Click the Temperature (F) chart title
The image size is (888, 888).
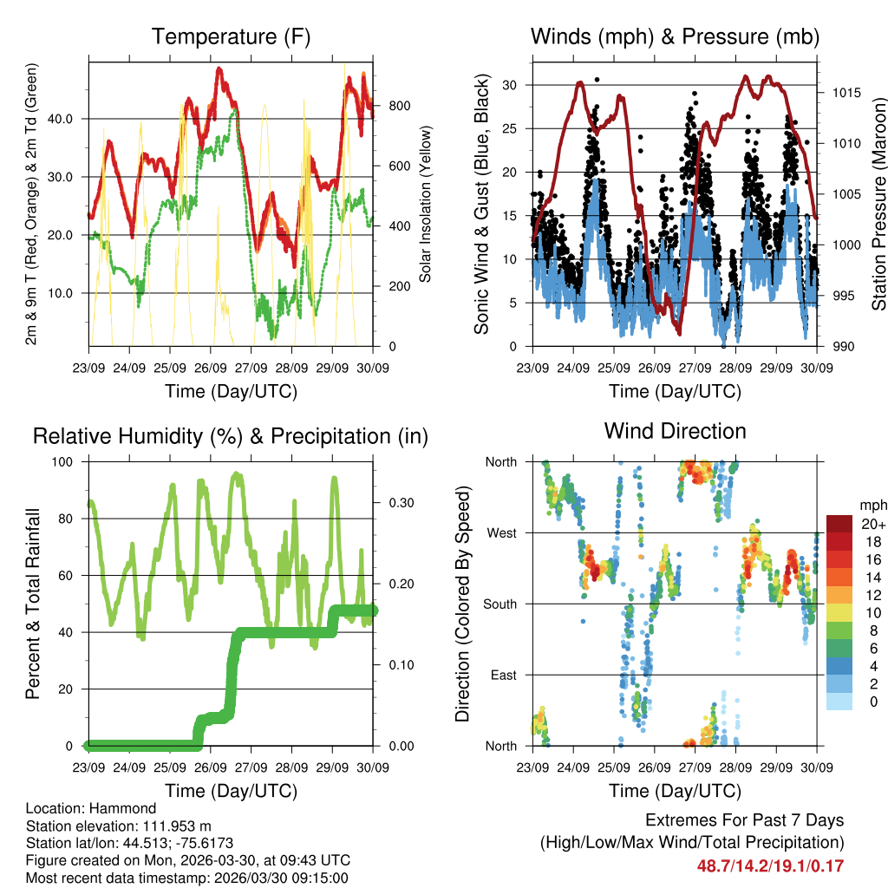(x=231, y=36)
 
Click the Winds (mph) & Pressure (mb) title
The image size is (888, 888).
(x=675, y=36)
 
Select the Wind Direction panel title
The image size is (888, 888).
(x=675, y=431)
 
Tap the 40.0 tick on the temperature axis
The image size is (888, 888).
(x=70, y=119)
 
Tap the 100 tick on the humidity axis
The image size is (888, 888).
(x=65, y=461)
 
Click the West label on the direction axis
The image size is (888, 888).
(x=501, y=533)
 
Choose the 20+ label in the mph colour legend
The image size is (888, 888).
(x=872, y=525)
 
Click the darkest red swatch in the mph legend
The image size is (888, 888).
(x=840, y=525)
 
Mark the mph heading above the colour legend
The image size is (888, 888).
(x=872, y=505)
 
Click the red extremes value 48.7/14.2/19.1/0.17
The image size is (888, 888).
(x=770, y=865)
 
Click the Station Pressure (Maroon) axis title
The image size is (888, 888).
(x=878, y=205)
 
